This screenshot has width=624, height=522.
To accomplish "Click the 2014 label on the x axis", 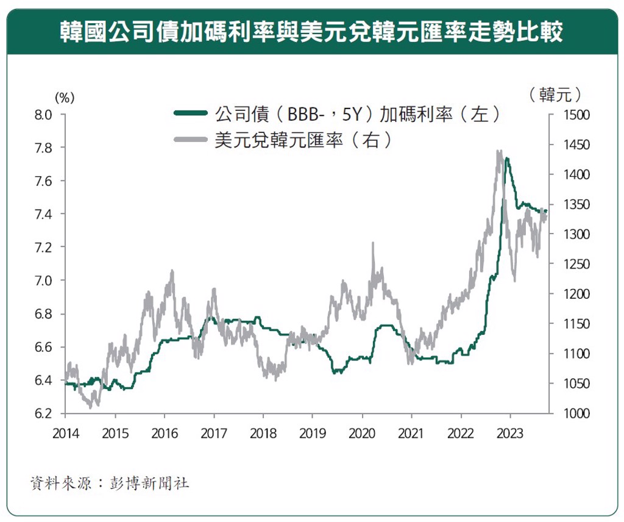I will (65, 434).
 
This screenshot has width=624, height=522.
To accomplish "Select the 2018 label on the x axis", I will (263, 434).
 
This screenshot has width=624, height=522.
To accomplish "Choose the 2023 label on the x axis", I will (509, 434).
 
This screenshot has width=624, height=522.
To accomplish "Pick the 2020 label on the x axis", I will (361, 434).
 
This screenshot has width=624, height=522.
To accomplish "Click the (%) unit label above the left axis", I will (64, 97).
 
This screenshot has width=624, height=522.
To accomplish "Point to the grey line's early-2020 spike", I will (372, 243).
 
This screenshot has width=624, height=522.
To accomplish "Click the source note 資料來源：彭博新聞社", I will (110, 484).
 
